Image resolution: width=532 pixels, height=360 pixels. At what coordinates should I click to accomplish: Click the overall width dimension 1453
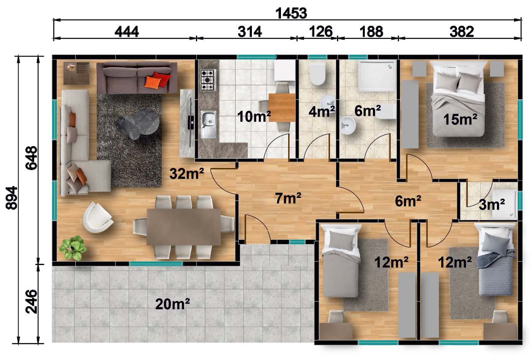coord(291,13)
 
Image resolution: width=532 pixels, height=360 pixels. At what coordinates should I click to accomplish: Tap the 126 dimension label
coord(321,32)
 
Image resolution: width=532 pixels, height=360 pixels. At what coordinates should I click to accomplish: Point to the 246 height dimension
coord(32,301)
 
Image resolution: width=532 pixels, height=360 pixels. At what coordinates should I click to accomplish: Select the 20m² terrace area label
coord(172,304)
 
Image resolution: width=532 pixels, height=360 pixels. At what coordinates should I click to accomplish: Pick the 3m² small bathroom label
coord(492,204)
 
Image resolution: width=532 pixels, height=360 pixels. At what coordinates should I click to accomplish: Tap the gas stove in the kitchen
coord(208,80)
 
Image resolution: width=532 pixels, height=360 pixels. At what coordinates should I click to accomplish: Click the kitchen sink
coord(209,124)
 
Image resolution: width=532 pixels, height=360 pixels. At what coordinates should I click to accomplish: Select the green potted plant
coord(72,248)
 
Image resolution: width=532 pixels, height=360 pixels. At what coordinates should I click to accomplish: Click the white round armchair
coord(98,217)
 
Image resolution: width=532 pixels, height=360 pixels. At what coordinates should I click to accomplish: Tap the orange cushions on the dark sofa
coord(157,80)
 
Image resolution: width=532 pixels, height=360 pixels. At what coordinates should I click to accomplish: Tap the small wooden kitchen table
coord(282,108)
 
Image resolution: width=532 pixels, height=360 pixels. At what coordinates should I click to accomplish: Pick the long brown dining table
coord(183,227)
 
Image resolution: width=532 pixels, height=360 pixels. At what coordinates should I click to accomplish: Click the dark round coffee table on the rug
coord(138,124)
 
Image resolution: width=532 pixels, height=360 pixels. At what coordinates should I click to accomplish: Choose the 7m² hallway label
coord(288,198)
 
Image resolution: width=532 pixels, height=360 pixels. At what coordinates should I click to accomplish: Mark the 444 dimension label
coord(127,32)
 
